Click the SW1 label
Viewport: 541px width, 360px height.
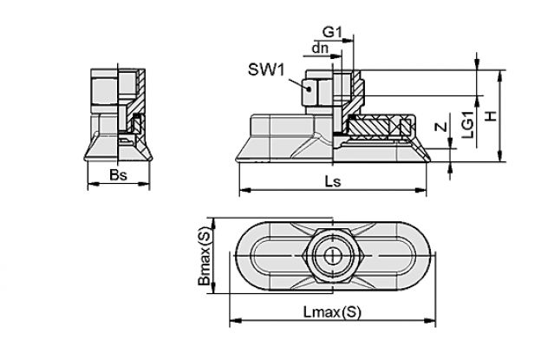[266, 70]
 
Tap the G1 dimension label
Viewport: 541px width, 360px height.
[332, 32]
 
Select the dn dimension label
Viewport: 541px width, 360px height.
[320, 49]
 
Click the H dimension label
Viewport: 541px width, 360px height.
[491, 116]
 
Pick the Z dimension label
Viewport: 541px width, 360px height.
[440, 128]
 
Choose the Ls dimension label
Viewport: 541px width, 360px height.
[333, 181]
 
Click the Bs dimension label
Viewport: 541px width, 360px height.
[118, 175]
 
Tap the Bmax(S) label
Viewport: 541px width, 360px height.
[204, 256]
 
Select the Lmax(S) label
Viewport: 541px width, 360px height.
[332, 312]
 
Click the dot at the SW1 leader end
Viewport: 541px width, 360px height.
[310, 88]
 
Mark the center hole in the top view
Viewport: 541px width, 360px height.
[333, 256]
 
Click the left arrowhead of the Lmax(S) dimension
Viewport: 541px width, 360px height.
[235, 321]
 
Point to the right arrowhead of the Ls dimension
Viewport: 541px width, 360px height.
[420, 190]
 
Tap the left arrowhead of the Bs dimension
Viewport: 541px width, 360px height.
[94, 184]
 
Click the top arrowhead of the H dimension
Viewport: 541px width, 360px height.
[499, 75]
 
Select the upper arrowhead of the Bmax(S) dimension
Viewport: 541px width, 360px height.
[214, 223]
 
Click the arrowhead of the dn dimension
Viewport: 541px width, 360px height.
[336, 56]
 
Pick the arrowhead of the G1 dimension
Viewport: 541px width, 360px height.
[349, 41]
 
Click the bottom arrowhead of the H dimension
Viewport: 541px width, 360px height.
[499, 155]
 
